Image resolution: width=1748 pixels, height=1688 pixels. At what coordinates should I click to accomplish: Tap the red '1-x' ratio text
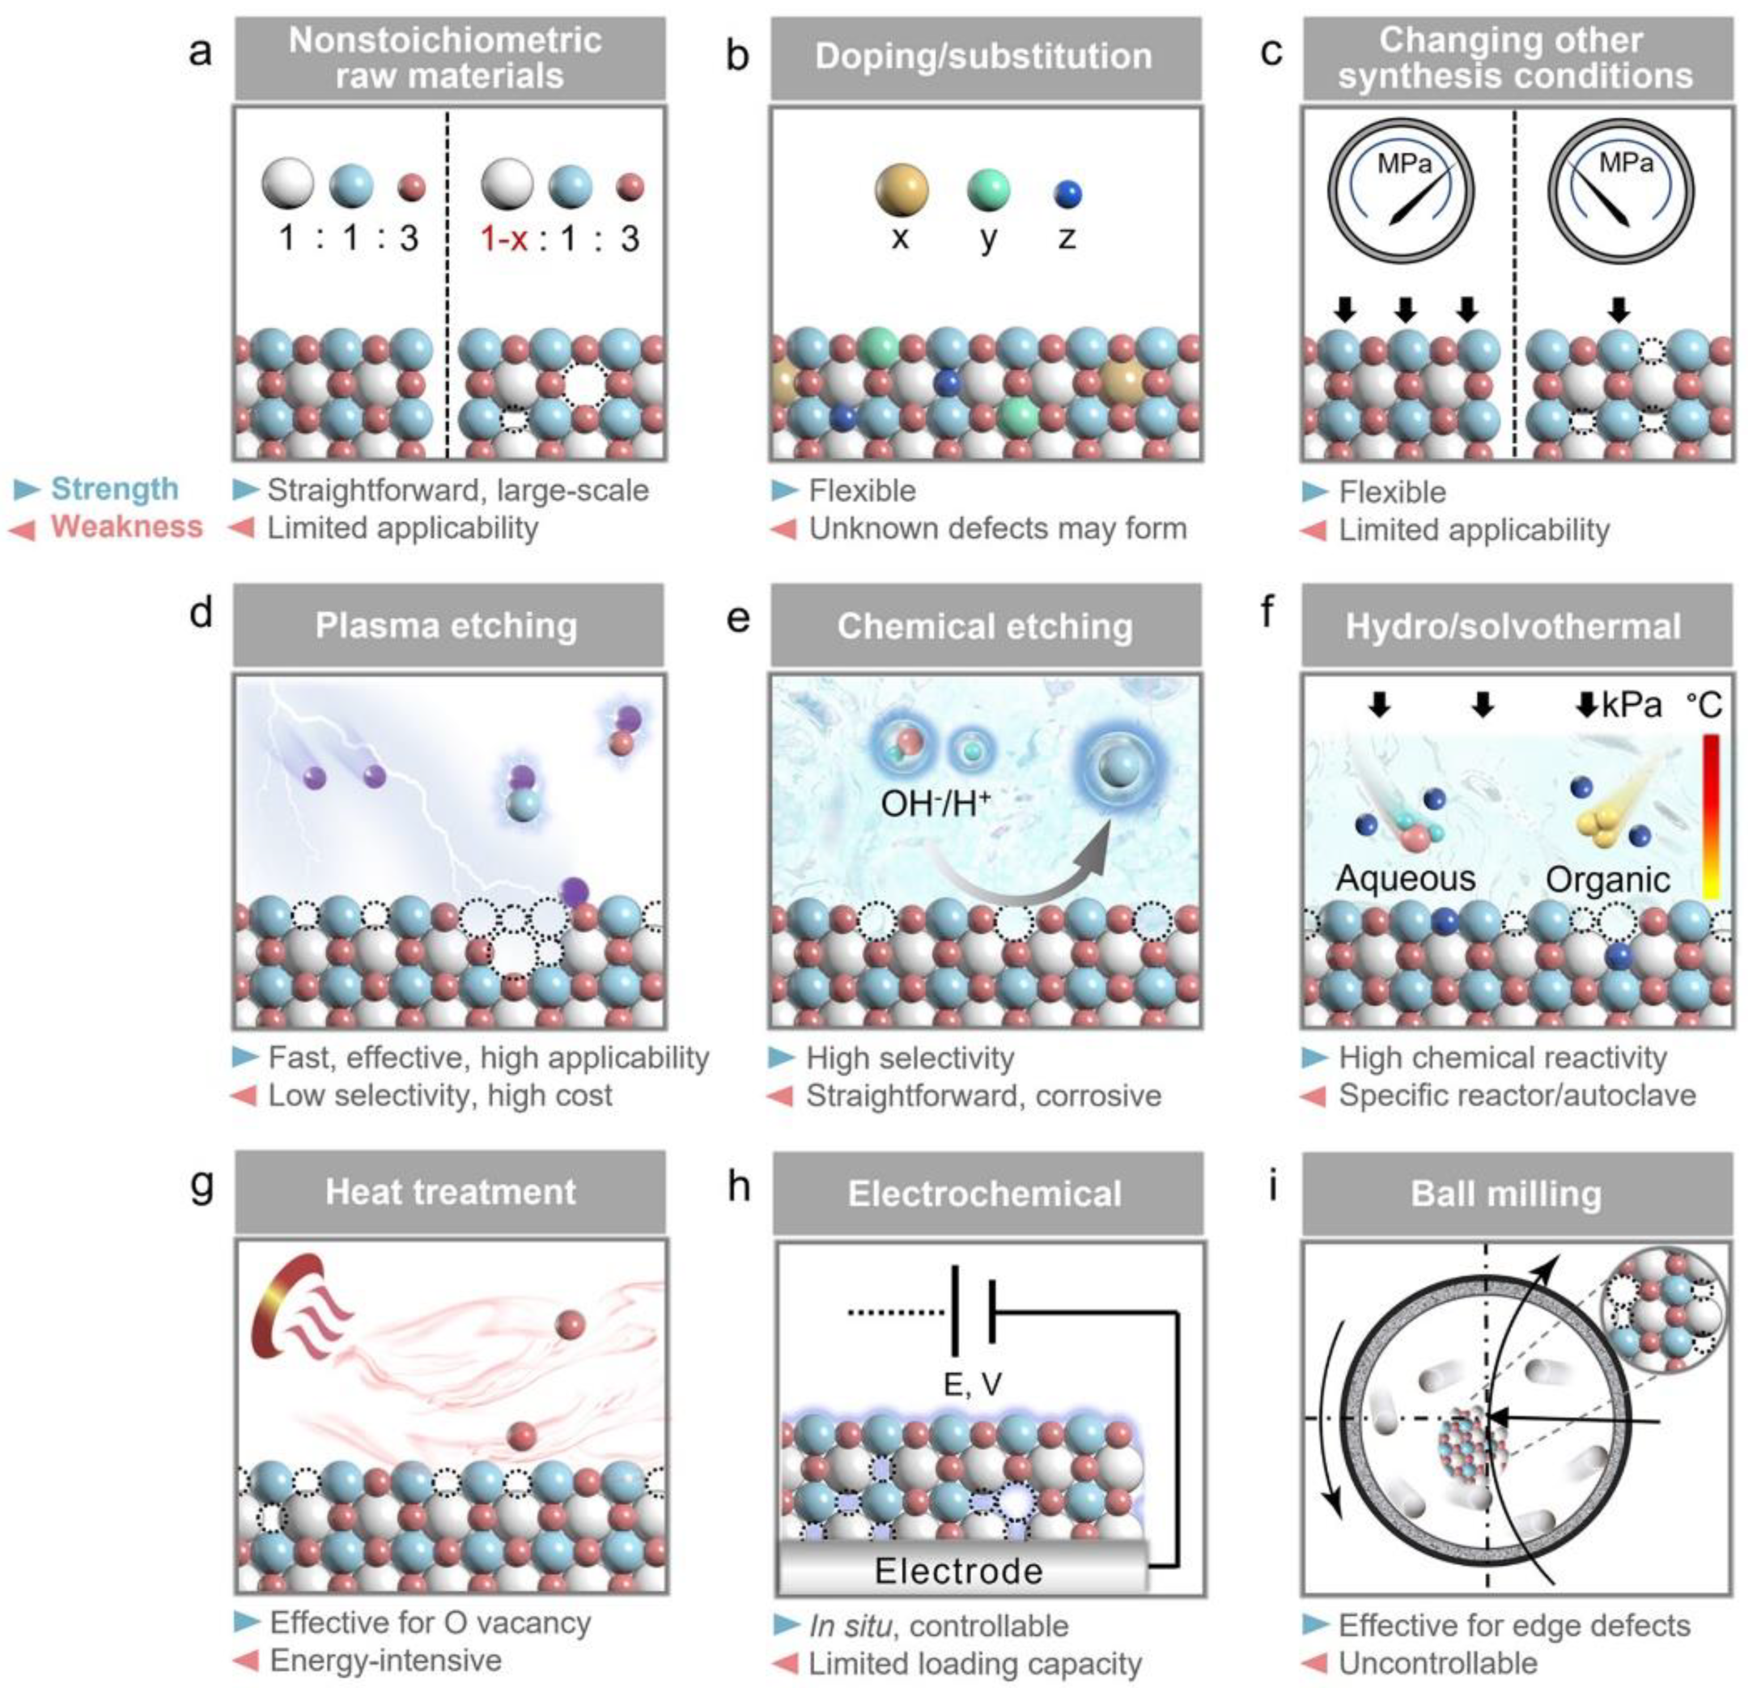pyautogui.click(x=504, y=238)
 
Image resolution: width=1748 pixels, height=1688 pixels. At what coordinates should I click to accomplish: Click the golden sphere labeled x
pyautogui.click(x=901, y=190)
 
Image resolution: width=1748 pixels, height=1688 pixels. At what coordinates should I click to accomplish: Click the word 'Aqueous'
pyautogui.click(x=1406, y=879)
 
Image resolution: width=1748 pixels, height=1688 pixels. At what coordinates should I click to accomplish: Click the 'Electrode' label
pyautogui.click(x=959, y=1570)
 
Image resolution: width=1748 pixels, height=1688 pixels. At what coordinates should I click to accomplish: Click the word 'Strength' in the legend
pyautogui.click(x=114, y=489)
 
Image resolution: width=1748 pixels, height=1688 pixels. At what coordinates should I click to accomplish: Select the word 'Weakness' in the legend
pyautogui.click(x=126, y=527)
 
